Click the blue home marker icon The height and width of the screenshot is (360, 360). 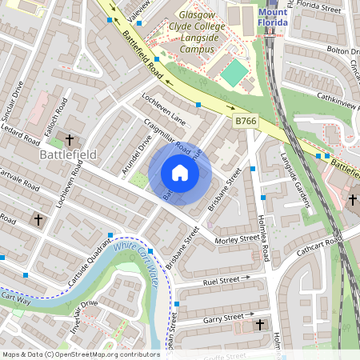180,173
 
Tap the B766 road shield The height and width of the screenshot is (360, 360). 246,120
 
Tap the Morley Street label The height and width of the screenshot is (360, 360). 238,238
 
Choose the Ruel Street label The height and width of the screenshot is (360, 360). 221,281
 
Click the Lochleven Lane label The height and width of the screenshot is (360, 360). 163,113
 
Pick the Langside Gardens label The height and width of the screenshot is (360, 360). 293,180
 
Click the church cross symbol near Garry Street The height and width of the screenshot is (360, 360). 259,324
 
